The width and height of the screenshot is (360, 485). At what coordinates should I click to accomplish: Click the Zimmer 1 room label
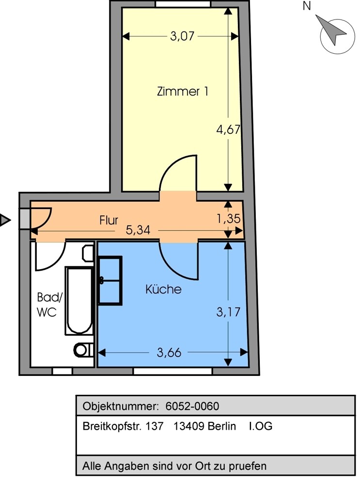click(183, 92)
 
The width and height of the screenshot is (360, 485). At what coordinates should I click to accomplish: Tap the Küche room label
click(163, 289)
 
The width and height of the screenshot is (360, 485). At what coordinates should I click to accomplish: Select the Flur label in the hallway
click(109, 220)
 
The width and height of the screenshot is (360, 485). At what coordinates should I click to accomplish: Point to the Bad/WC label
click(49, 305)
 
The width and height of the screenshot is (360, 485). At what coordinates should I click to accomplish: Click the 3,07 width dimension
click(182, 36)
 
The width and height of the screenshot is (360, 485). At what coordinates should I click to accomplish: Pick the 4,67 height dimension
click(228, 129)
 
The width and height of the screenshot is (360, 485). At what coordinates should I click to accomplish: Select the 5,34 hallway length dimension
click(138, 230)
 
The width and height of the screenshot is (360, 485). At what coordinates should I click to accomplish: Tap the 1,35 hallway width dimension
click(228, 219)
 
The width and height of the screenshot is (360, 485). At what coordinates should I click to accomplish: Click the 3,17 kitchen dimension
click(228, 312)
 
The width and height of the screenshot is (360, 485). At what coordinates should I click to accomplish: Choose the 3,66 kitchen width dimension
click(169, 353)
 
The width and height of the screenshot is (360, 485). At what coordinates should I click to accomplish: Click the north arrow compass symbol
click(335, 34)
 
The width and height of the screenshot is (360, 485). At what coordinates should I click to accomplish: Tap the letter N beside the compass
click(307, 6)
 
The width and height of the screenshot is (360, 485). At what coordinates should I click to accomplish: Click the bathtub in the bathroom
click(79, 301)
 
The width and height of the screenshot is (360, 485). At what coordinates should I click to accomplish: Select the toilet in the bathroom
click(83, 350)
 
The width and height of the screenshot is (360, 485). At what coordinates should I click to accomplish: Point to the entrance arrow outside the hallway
click(5, 220)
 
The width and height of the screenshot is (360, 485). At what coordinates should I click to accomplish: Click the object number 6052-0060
click(192, 406)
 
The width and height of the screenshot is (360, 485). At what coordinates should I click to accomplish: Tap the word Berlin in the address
click(221, 426)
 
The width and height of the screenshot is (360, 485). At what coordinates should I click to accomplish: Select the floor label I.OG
click(261, 426)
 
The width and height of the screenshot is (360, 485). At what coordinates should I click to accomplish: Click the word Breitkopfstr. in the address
click(112, 426)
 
